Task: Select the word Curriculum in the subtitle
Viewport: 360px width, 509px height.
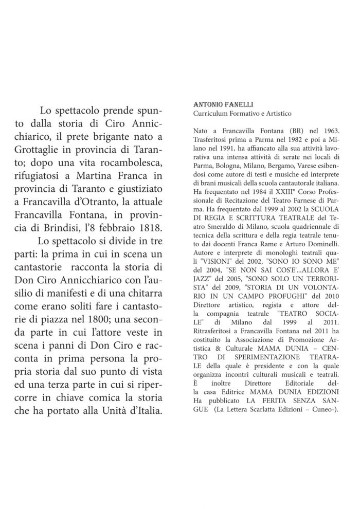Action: [208, 113]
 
